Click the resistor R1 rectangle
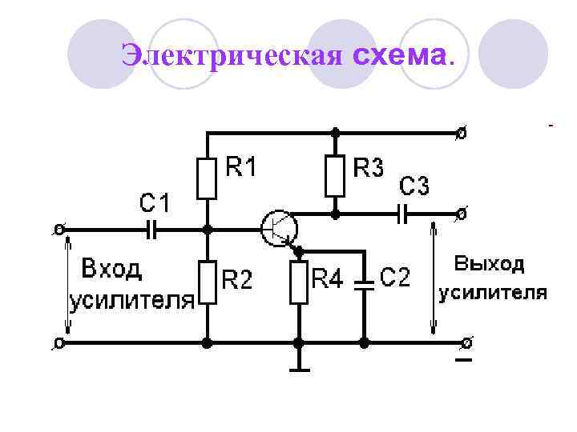pos(208,178)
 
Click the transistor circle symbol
pos(279,229)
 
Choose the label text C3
pos(414,186)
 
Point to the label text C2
pos(394,278)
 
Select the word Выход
pos(490,263)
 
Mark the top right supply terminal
pos(462,133)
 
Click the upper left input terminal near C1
pos(59,230)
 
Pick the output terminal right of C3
pos(462,214)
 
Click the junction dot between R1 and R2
pos(208,230)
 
